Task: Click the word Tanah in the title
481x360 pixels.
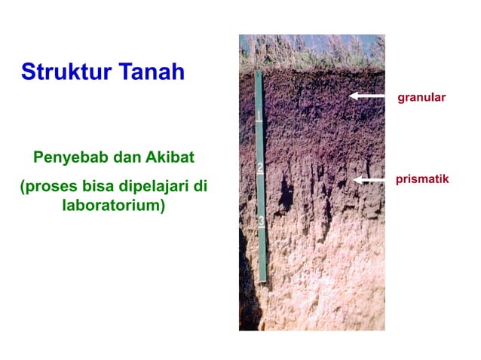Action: pos(149,73)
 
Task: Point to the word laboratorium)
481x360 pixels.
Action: pos(113,205)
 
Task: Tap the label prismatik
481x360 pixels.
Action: pos(422,179)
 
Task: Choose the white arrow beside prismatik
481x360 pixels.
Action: pos(371,179)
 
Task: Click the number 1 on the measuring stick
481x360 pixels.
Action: pos(259,116)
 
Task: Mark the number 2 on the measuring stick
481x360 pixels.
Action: pos(259,168)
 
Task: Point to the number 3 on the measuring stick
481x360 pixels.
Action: pos(262,221)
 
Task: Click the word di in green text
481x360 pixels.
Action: pos(198,186)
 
